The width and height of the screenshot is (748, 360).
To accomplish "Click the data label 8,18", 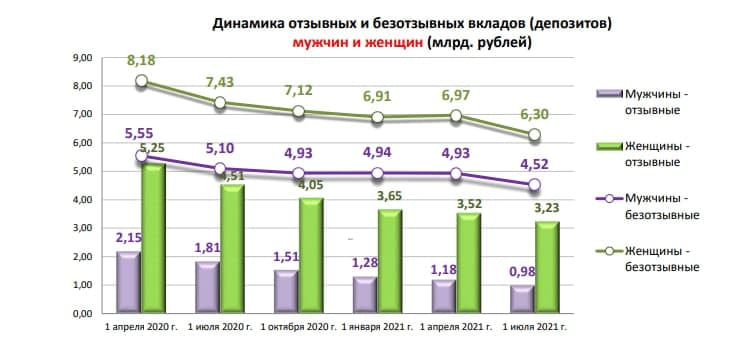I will click(141, 62).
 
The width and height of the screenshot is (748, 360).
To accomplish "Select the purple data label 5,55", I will click(139, 132).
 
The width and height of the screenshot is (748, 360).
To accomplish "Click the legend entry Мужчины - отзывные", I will click(664, 101).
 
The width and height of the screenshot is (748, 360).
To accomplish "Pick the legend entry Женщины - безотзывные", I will click(664, 258).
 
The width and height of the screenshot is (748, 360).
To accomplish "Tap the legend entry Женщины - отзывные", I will click(664, 154).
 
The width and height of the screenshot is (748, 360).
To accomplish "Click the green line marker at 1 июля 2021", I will click(535, 135).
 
